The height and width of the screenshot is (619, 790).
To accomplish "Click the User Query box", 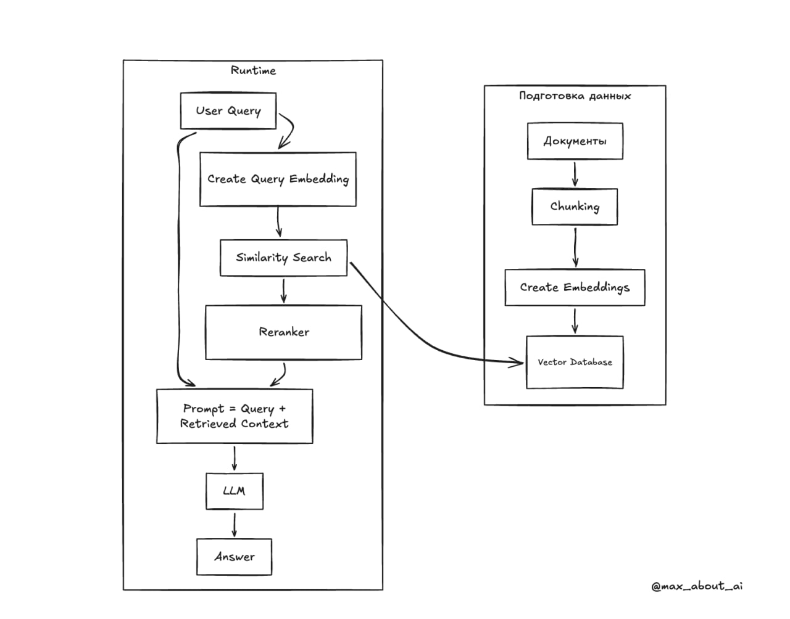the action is (228, 111).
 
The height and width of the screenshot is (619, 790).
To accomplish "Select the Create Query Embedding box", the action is (278, 179).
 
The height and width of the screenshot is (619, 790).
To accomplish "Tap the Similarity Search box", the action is (283, 258).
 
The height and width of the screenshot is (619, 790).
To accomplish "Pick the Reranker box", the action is (283, 332).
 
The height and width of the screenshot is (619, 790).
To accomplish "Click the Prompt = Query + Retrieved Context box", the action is (235, 416).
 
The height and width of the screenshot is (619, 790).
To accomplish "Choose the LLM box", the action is (235, 491).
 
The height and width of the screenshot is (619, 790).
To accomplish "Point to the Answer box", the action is (234, 557).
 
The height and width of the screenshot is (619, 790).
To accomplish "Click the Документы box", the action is (575, 141).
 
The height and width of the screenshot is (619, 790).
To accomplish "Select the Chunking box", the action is (575, 207).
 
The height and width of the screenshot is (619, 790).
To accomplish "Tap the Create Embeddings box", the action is (575, 287).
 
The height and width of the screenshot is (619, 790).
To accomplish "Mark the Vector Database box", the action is (575, 363).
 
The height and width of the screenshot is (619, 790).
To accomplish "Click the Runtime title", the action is (254, 70).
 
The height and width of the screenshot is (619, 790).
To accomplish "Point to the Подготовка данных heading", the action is (575, 96).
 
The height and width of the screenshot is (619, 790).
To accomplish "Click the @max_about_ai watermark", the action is (697, 586).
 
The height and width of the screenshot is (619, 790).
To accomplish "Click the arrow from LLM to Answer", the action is (235, 525).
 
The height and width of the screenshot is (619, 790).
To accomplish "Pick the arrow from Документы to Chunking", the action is (575, 174).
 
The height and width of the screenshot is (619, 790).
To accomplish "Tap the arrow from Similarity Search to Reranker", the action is (284, 291).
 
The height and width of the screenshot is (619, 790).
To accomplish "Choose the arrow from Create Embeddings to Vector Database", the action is (575, 321).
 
